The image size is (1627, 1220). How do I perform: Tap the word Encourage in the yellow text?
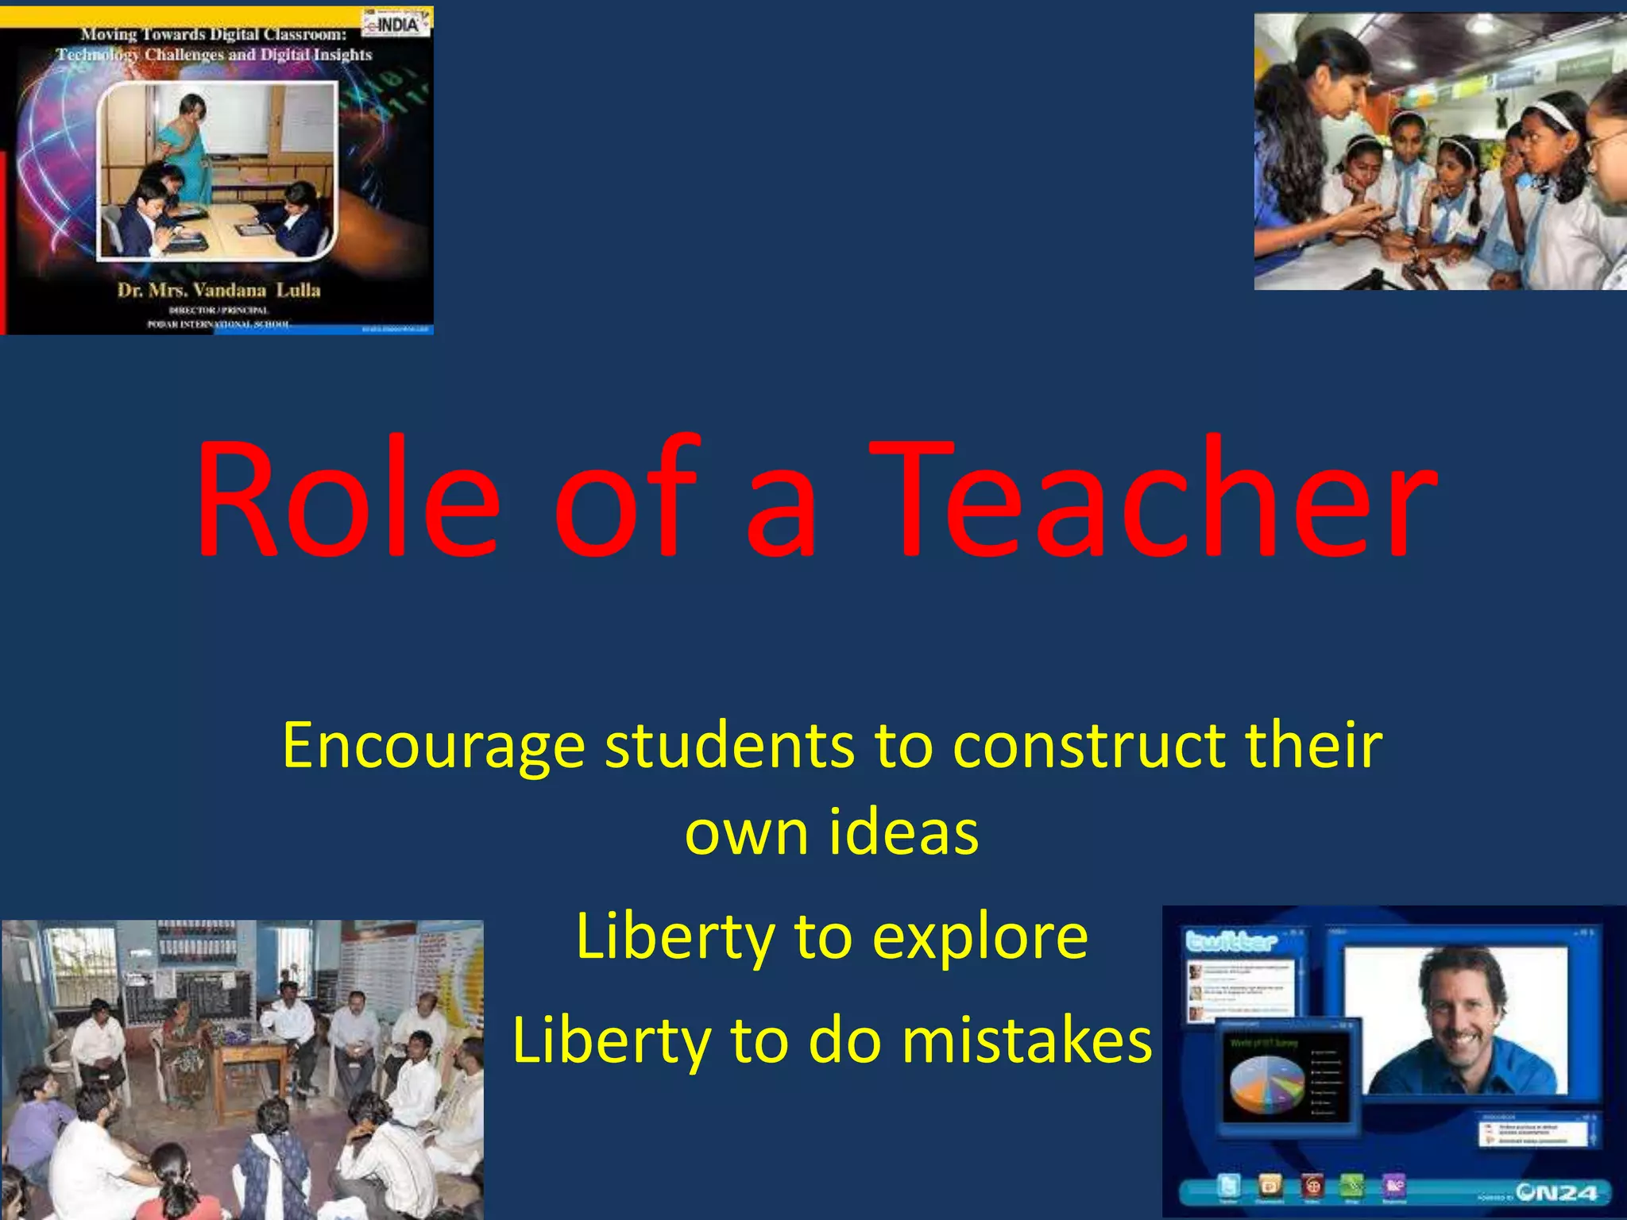click(433, 747)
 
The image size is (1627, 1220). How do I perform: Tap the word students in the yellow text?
click(729, 747)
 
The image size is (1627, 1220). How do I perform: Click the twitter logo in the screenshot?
click(1231, 942)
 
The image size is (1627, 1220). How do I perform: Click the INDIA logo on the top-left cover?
click(396, 24)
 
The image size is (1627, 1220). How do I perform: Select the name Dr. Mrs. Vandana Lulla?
click(218, 290)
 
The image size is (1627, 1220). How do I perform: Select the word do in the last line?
click(844, 1040)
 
